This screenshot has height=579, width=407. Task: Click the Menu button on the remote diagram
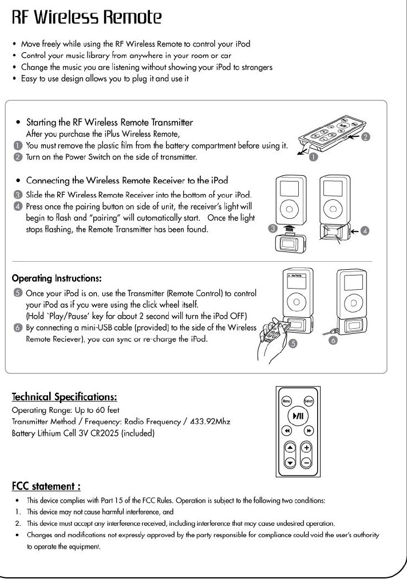[285, 401]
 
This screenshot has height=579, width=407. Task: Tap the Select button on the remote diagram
[309, 401]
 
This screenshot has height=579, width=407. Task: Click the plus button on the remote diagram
[307, 448]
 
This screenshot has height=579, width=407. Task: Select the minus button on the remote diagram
[307, 462]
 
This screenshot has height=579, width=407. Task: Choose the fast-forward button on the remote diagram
[309, 430]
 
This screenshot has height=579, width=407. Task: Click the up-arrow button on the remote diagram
[290, 448]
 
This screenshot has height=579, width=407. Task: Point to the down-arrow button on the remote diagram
[290, 462]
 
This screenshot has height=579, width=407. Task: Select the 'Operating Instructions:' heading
[57, 278]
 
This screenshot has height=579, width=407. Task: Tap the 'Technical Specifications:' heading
[65, 397]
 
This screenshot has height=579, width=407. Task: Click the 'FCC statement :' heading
[46, 486]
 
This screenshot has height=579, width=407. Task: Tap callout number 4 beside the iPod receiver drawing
[365, 231]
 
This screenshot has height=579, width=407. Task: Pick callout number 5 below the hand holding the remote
[293, 344]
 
